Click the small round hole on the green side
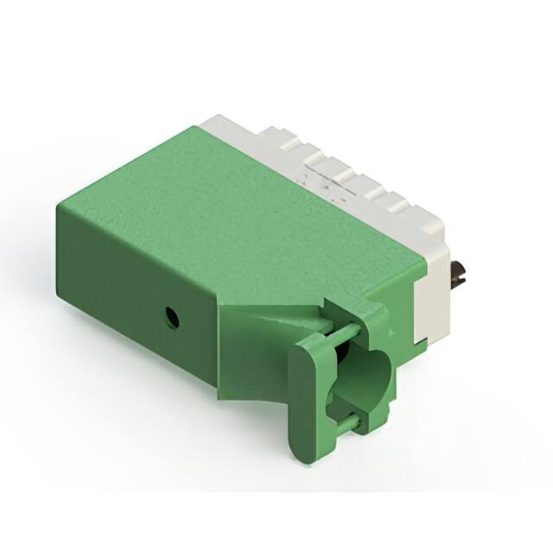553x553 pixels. [172, 317]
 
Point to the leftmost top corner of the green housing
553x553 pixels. [60, 206]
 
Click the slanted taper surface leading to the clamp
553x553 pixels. [268, 324]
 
